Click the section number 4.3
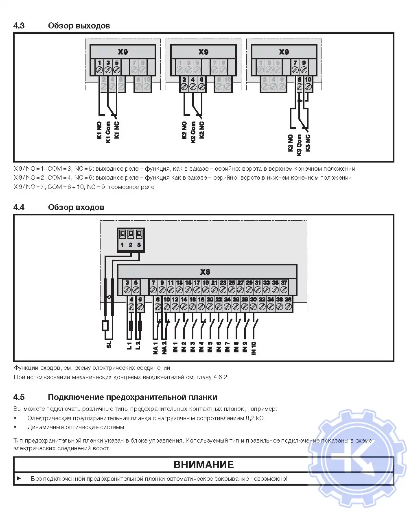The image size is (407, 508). [x=19, y=26]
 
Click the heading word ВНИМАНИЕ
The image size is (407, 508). [x=203, y=465]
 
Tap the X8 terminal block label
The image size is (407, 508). [x=205, y=272]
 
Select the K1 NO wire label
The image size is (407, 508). [x=99, y=130]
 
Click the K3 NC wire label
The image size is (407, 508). [x=308, y=143]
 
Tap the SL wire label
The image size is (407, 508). [x=109, y=344]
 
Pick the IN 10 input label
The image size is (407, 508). [x=254, y=349]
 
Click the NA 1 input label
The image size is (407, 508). [x=155, y=348]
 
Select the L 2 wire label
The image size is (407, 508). [x=138, y=346]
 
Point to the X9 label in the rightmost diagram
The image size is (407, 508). [x=284, y=52]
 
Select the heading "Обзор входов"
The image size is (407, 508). [x=76, y=207]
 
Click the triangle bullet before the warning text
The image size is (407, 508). [x=19, y=478]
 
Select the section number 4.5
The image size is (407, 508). [x=19, y=397]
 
